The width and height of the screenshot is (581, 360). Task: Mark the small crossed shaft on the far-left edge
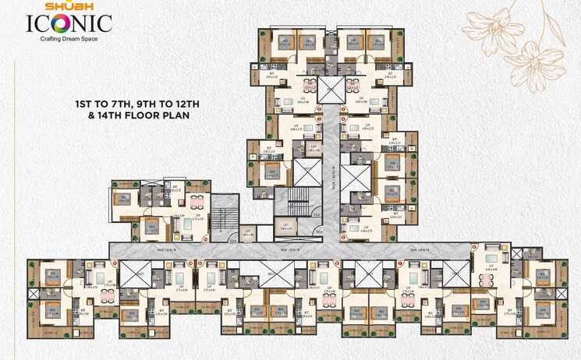tap(31, 295)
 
